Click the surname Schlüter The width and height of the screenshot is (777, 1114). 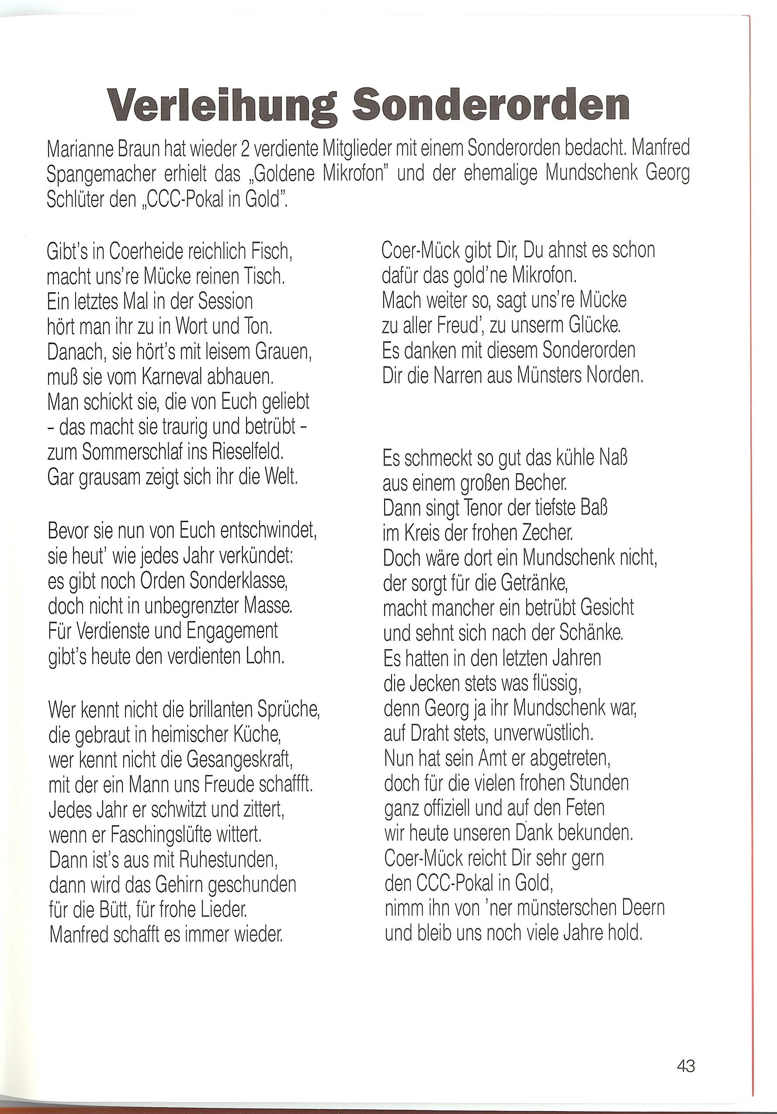(74, 200)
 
